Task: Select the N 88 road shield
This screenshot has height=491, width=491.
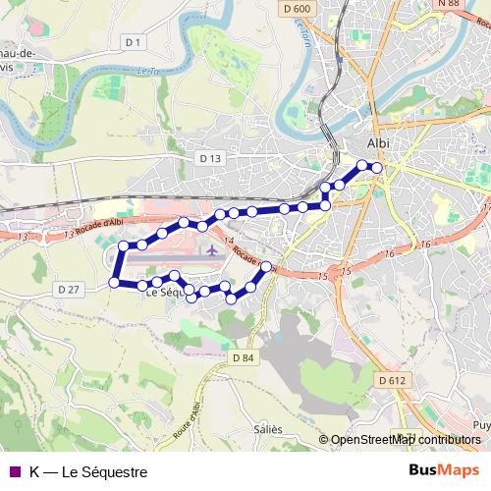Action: click(448, 4)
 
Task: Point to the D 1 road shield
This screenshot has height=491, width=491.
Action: click(135, 41)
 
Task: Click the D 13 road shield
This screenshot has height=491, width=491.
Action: click(210, 157)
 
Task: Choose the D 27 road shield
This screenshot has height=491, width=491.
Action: click(68, 289)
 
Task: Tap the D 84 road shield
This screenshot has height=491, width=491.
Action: click(244, 357)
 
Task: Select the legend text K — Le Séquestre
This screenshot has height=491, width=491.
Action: click(88, 472)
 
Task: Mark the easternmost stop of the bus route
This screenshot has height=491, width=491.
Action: click(376, 168)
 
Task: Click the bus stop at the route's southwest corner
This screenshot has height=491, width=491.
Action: click(114, 283)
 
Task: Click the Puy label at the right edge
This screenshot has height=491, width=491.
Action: click(481, 425)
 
